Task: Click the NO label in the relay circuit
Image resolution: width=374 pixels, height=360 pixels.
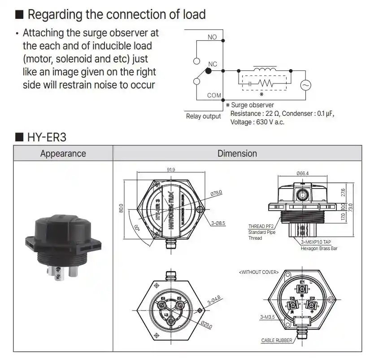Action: click(212, 37)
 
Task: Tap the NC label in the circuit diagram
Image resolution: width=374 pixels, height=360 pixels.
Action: click(213, 64)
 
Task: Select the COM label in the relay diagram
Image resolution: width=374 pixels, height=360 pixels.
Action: click(214, 95)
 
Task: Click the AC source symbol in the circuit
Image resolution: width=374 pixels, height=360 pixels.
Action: click(305, 85)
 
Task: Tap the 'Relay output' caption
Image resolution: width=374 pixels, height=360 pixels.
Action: click(203, 116)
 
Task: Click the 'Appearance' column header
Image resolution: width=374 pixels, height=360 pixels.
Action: click(63, 154)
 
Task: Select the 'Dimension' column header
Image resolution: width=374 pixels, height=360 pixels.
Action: click(237, 154)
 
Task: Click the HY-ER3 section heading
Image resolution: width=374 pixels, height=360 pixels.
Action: click(47, 136)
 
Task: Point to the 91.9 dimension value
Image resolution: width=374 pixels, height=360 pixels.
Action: click(170, 170)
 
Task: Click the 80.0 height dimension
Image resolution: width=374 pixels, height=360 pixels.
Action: click(121, 208)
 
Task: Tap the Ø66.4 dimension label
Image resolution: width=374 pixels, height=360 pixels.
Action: click(303, 173)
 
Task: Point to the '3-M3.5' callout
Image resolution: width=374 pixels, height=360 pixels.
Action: click(268, 317)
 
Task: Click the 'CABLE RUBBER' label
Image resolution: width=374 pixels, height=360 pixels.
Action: click(277, 341)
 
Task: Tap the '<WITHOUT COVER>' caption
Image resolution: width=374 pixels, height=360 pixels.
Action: click(259, 272)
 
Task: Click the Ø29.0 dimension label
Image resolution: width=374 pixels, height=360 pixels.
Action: click(206, 324)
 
